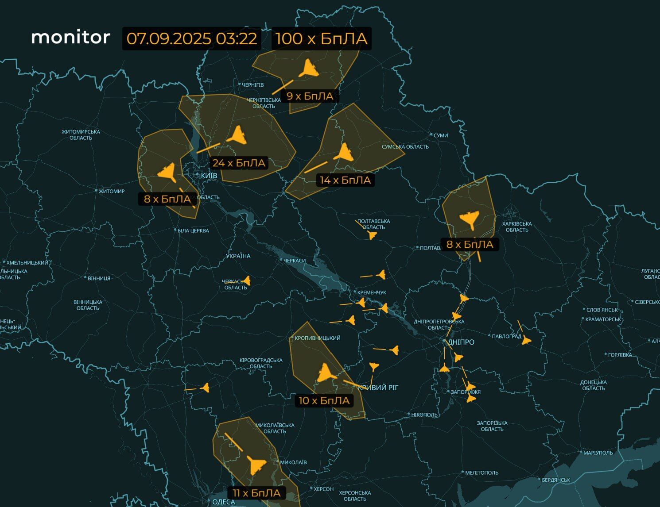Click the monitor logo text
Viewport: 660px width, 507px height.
pyautogui.click(x=70, y=37)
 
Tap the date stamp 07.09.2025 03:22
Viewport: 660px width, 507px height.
pyautogui.click(x=192, y=38)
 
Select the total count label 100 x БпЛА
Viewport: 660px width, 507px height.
pyautogui.click(x=322, y=38)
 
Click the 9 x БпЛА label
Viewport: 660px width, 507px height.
pyautogui.click(x=310, y=96)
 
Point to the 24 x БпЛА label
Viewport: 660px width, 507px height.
pyautogui.click(x=239, y=163)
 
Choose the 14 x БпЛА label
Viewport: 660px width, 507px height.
pyautogui.click(x=345, y=180)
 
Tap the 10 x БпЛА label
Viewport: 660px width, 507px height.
pyautogui.click(x=324, y=401)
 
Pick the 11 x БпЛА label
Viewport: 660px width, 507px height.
pyautogui.click(x=256, y=493)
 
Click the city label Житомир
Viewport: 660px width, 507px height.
pyautogui.click(x=111, y=191)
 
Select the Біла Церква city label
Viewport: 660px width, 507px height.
pyautogui.click(x=193, y=230)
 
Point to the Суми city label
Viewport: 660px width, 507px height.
pyautogui.click(x=440, y=135)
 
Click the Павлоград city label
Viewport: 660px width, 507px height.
pyautogui.click(x=506, y=336)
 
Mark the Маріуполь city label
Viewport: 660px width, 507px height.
pyautogui.click(x=598, y=453)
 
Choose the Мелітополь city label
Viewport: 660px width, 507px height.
pyautogui.click(x=481, y=472)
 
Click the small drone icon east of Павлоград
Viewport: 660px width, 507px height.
pyautogui.click(x=526, y=340)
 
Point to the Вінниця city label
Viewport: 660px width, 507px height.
pyautogui.click(x=99, y=278)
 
